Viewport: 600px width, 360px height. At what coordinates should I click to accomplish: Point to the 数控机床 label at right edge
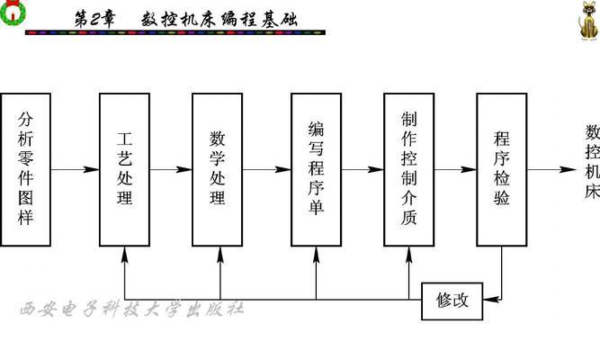pos(592,162)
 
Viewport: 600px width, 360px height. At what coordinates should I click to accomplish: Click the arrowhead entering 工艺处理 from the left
pos(91,169)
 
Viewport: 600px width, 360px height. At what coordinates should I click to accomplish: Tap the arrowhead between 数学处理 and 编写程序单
pos(282,169)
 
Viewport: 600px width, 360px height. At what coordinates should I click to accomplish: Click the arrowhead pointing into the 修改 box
pos(491,299)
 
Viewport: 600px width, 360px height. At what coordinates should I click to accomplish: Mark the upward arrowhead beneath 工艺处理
pos(124,255)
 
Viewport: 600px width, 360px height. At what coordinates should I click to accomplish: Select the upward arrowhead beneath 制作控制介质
pos(408,255)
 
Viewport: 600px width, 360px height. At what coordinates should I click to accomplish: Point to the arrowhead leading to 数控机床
pos(568,169)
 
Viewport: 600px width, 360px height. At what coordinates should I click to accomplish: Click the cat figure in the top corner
pos(588,21)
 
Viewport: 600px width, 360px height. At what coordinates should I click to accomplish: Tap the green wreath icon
pos(13,12)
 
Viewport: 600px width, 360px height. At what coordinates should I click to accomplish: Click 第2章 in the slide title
pos(94,19)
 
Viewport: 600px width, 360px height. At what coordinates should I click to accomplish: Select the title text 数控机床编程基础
pos(219,19)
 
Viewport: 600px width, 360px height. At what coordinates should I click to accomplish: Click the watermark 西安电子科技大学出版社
pos(131,309)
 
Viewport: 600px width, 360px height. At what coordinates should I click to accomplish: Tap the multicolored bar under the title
pos(175,33)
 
